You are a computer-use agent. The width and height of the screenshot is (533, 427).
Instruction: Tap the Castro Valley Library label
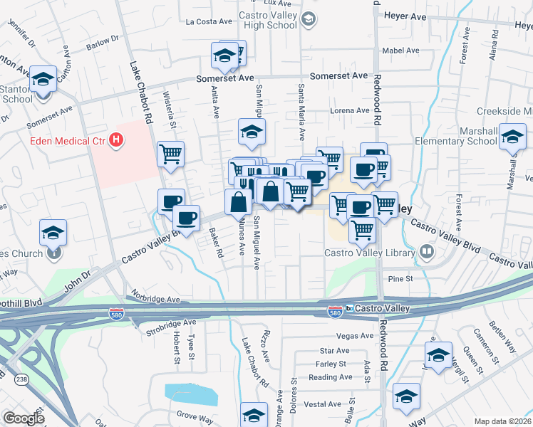point(370,253)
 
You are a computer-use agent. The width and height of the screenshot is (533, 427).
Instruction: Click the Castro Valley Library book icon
point(426,251)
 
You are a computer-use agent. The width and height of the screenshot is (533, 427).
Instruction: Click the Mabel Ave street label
point(400,51)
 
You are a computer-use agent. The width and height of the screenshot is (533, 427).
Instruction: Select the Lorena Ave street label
point(349,110)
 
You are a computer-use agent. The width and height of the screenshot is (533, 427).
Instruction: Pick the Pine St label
point(400,278)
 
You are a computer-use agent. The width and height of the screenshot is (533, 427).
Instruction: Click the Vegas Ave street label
point(356,336)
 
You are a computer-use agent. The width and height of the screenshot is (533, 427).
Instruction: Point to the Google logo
point(24,418)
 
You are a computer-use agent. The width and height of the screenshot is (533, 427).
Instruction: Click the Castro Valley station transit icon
point(350,308)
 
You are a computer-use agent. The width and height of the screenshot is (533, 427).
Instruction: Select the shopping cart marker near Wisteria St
point(171,153)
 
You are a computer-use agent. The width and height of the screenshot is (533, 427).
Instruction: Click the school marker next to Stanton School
point(43,79)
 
